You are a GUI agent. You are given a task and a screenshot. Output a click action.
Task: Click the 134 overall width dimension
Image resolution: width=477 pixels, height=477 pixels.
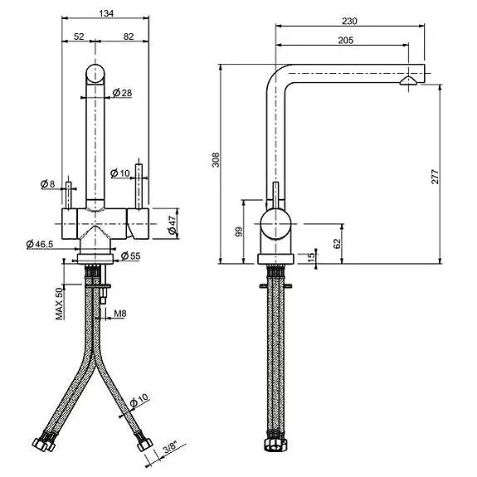coord(106,14)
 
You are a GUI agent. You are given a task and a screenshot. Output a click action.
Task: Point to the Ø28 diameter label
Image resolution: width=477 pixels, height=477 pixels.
coord(122,92)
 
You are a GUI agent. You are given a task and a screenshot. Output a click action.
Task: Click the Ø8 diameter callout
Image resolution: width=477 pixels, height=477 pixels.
coord(47,183)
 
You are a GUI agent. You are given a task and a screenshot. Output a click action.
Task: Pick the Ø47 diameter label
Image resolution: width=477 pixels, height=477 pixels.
coord(173,226)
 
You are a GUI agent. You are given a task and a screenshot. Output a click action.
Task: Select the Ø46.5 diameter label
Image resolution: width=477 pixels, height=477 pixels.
coord(40,243)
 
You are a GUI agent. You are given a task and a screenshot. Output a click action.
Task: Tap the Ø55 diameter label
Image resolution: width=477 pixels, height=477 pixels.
coord(130,256)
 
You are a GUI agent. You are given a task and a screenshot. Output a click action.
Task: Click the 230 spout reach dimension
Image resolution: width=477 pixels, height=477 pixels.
coord(348,22)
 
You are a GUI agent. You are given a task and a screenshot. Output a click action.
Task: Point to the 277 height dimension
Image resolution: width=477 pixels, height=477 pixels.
coord(433,176)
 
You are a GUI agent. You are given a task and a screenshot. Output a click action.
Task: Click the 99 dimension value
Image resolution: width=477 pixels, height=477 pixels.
coord(240,232)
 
